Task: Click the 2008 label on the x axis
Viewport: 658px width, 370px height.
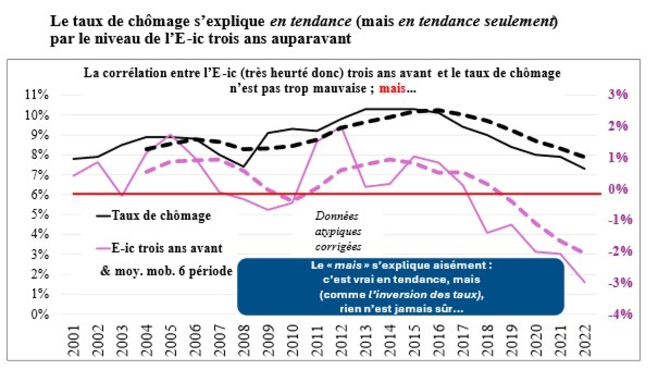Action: pos(245,341)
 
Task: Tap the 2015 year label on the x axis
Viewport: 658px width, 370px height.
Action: pos(415,341)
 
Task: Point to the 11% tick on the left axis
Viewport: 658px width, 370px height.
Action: pos(37,95)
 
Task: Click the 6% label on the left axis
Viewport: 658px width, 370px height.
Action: pos(39,195)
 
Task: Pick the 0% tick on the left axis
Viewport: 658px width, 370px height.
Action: pos(39,315)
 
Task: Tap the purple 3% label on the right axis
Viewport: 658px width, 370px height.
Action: pos(618,95)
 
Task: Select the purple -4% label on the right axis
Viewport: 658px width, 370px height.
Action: pos(620,314)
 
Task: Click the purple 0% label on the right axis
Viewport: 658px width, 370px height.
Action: pos(618,189)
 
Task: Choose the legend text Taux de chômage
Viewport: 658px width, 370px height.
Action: pos(161,216)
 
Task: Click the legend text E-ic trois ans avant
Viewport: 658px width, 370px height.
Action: pos(167,248)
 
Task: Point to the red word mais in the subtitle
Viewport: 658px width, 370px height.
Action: pos(392,88)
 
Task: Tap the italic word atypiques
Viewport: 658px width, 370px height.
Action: pos(338,231)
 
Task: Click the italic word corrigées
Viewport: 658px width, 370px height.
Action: pos(338,247)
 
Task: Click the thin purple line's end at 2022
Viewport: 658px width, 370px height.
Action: pos(584,282)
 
